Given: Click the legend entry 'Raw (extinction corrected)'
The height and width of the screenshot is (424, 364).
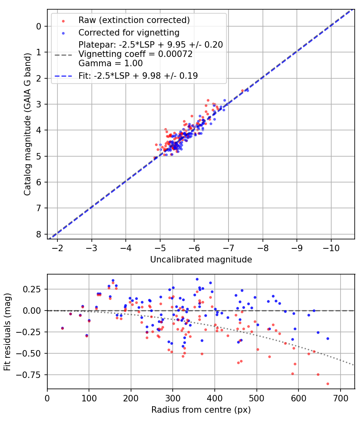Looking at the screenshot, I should point(134,20).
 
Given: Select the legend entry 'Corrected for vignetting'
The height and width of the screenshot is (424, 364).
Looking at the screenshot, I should point(129,32).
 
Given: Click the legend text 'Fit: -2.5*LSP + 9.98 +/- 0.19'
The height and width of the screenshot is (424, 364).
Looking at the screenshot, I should point(138,76).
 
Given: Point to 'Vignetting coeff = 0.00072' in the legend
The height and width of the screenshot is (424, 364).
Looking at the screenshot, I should point(135,54).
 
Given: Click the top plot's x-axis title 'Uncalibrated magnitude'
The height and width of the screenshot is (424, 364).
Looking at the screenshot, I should point(201,260).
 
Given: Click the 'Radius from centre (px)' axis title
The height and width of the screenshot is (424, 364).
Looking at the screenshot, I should point(201,410).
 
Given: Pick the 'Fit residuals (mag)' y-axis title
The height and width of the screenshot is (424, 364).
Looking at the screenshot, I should point(7,332).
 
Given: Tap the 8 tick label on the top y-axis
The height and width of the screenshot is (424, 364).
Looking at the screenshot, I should point(39,234).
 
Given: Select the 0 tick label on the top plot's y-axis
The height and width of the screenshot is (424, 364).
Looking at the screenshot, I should point(39,26).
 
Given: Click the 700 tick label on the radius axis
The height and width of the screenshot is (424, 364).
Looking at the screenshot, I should point(340,398).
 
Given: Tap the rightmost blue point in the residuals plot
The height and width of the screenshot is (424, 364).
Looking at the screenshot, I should point(328,338).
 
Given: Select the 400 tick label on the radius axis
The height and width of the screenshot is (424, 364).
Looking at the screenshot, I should point(215,398).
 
